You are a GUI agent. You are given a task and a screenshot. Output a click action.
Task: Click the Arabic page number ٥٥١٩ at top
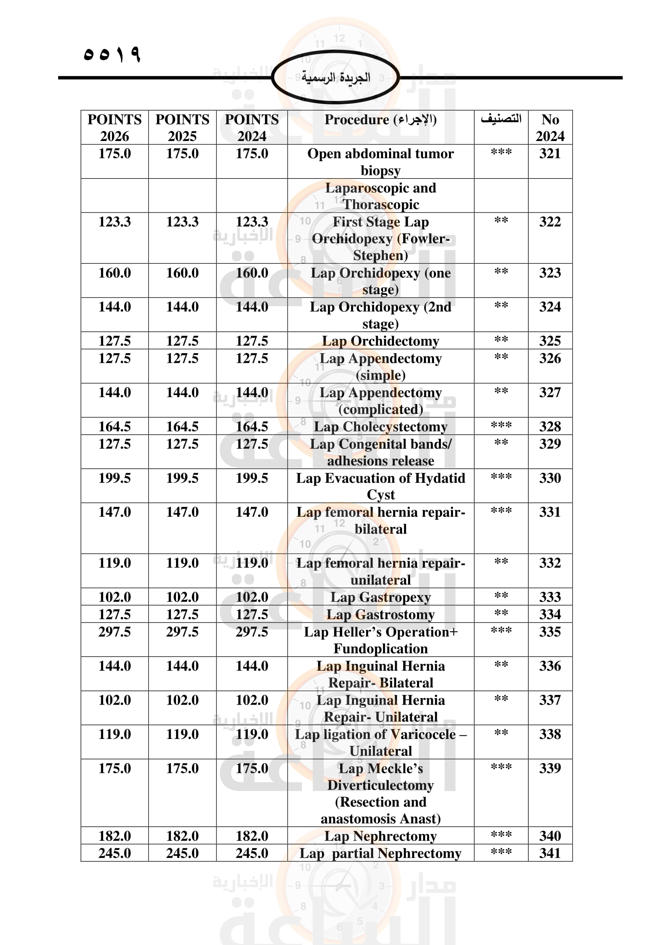112,54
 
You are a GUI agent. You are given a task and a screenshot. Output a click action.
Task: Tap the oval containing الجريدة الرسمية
335,78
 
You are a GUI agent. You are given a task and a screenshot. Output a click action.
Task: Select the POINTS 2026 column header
114,127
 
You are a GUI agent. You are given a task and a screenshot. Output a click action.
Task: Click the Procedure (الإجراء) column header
380,120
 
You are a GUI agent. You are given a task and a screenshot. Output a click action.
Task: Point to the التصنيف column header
501,119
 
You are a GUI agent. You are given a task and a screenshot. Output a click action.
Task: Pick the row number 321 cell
550,154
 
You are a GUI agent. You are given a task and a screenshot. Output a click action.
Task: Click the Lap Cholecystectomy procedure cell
380,427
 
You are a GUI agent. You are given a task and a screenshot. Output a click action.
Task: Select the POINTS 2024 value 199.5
252,478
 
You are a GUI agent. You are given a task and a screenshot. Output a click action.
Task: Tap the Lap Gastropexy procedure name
380,597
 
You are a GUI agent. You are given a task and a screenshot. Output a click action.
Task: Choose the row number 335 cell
550,632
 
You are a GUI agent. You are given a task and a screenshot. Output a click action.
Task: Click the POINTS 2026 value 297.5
114,632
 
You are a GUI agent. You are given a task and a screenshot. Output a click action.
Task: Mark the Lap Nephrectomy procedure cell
380,836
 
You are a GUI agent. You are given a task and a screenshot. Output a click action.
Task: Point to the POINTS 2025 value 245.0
182,854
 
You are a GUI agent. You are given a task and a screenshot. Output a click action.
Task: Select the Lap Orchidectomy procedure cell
380,341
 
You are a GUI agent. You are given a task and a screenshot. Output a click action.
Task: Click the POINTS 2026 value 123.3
114,222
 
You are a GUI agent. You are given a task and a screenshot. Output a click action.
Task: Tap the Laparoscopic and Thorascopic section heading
380,196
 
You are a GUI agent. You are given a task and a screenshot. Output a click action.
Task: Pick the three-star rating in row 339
501,767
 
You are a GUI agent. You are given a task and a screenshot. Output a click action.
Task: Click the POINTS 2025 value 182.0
182,836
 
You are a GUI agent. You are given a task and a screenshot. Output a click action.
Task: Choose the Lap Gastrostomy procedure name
380,615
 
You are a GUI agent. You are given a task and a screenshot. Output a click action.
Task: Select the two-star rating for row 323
501,272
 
